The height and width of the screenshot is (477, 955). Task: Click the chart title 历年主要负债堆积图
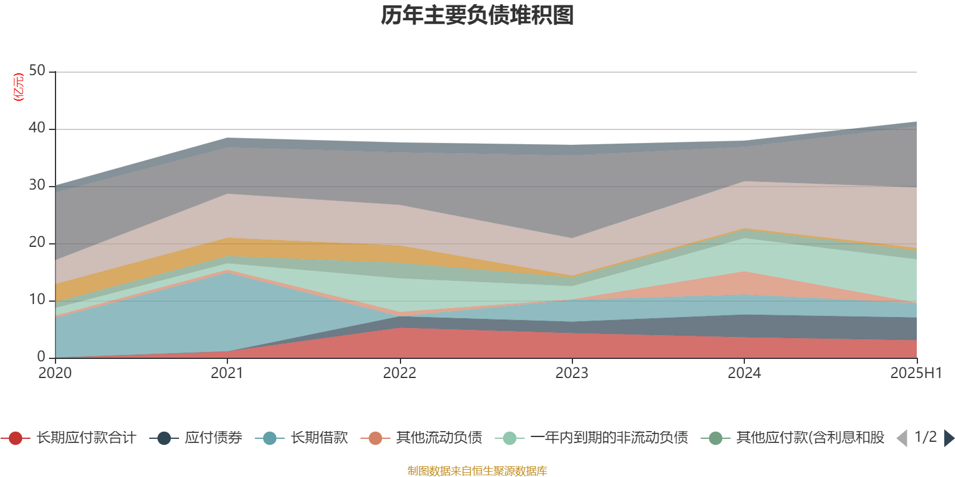pyautogui.click(x=478, y=16)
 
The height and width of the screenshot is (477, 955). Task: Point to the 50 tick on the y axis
pyautogui.click(x=37, y=71)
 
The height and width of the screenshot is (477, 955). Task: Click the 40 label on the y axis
pyautogui.click(x=37, y=128)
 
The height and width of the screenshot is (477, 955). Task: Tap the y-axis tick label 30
pyautogui.click(x=37, y=185)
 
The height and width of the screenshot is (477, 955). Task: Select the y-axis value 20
pyautogui.click(x=37, y=243)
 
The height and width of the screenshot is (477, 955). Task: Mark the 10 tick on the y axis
pyautogui.click(x=37, y=300)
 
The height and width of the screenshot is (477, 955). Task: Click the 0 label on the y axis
pyautogui.click(x=41, y=357)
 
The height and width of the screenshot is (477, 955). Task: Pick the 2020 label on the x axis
pyautogui.click(x=55, y=373)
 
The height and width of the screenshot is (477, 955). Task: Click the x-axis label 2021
pyautogui.click(x=227, y=373)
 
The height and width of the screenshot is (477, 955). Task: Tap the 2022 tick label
pyautogui.click(x=399, y=373)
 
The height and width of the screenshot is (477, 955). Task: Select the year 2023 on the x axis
pyautogui.click(x=572, y=373)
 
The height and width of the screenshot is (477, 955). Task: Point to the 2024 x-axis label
pyautogui.click(x=744, y=373)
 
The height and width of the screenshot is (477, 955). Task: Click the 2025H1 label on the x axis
pyautogui.click(x=916, y=373)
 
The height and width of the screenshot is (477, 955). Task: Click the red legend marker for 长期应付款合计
pyautogui.click(x=16, y=438)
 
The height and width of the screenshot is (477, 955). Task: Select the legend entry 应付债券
pyautogui.click(x=213, y=438)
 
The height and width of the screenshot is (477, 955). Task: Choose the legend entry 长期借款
pyautogui.click(x=319, y=438)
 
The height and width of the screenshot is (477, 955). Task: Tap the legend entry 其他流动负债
pyautogui.click(x=439, y=438)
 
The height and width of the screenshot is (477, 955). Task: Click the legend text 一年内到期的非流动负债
pyautogui.click(x=609, y=438)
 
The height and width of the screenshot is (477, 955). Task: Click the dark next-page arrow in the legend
pyautogui.click(x=948, y=438)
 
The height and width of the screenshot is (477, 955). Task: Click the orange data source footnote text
pyautogui.click(x=478, y=471)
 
